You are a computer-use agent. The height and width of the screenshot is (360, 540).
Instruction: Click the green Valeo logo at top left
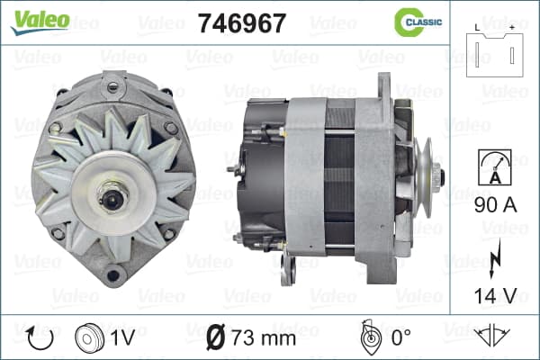pyautogui.click(x=40, y=22)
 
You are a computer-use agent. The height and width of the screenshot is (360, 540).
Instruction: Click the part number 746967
pyautogui.click(x=242, y=23)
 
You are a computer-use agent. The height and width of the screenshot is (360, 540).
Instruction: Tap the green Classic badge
pyautogui.click(x=418, y=22)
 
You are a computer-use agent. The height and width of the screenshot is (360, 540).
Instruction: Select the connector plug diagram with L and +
pyautogui.click(x=494, y=51)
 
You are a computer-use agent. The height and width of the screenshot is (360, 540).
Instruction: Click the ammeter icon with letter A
pyautogui.click(x=494, y=167)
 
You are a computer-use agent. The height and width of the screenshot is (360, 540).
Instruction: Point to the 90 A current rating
pyautogui.click(x=496, y=205)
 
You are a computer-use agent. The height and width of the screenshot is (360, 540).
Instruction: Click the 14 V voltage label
pyautogui.click(x=496, y=295)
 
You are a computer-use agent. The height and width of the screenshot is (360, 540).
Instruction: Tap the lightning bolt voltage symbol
pyautogui.click(x=494, y=258)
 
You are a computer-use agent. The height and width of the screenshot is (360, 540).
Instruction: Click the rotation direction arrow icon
pyautogui.click(x=40, y=338)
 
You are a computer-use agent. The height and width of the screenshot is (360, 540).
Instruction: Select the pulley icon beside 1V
pyautogui.click(x=89, y=338)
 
